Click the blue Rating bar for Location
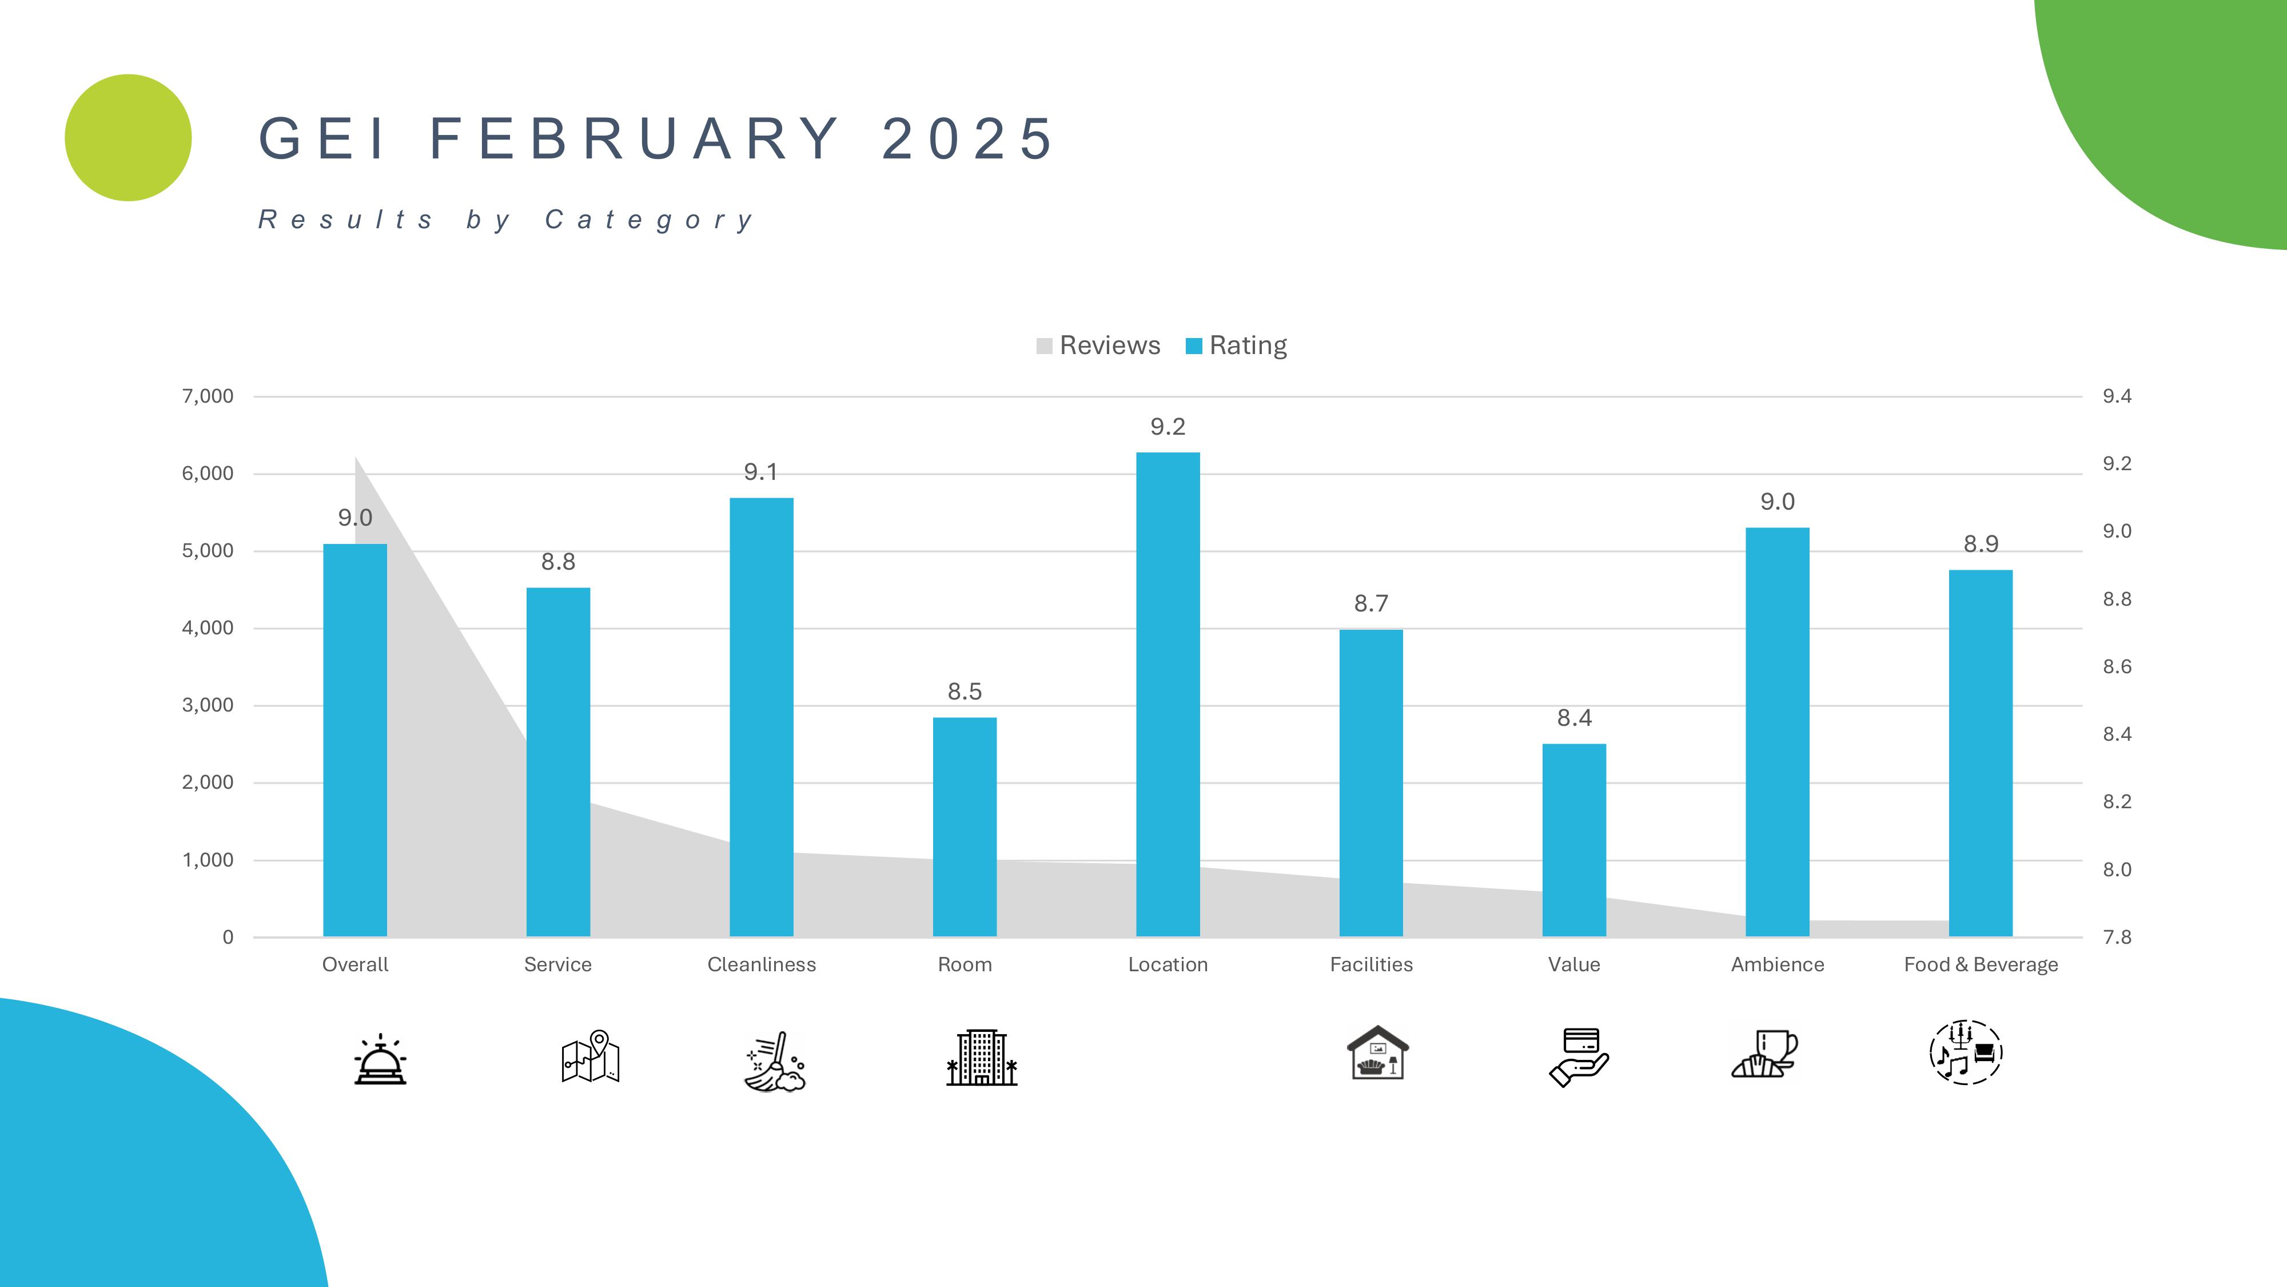(1168, 693)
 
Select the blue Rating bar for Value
(1573, 839)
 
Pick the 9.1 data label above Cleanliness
(761, 472)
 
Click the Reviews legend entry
(1098, 345)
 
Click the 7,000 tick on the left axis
(208, 396)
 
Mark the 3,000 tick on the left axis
(208, 705)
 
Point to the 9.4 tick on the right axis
(2117, 396)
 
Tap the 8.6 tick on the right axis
(2117, 667)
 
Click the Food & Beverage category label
(1981, 964)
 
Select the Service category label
(557, 964)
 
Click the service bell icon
(380, 1059)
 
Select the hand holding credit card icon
(1579, 1057)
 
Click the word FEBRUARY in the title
(635, 140)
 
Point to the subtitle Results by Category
(506, 220)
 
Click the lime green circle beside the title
(128, 138)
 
